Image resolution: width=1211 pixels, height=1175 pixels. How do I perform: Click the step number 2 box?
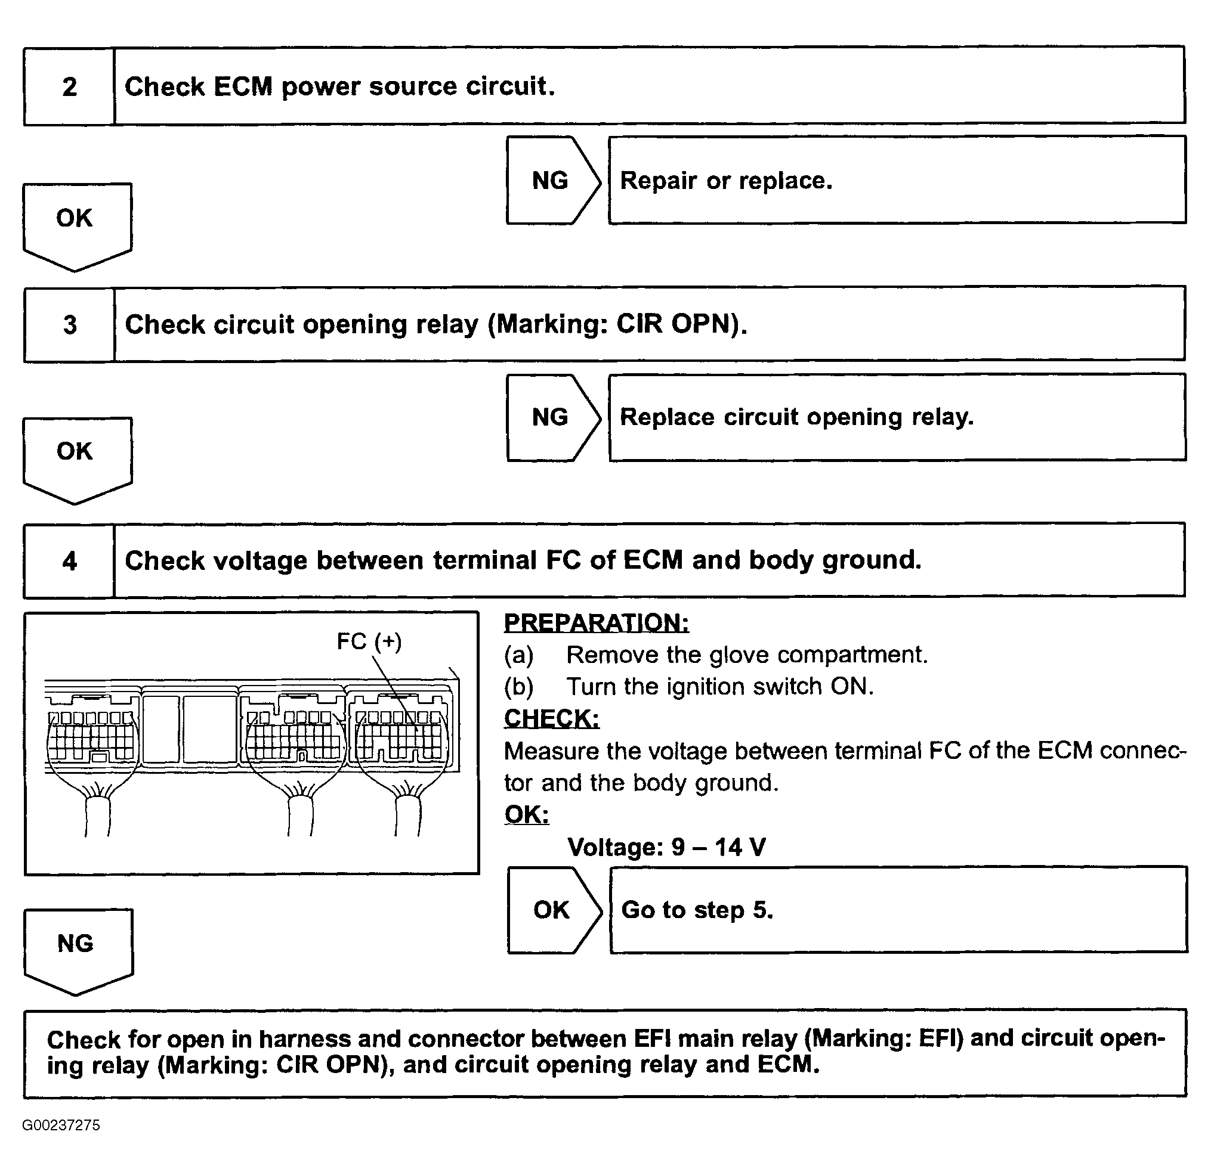(x=69, y=86)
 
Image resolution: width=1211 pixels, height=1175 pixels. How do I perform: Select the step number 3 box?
(x=69, y=325)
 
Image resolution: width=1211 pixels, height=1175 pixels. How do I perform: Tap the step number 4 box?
(x=69, y=561)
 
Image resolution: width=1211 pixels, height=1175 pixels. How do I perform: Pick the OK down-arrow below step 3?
(x=75, y=457)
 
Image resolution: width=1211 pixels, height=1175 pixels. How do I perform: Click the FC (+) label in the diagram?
(x=369, y=641)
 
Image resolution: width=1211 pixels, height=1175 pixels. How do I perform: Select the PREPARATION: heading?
(x=596, y=622)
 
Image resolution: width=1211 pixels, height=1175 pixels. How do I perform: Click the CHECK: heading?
(x=551, y=718)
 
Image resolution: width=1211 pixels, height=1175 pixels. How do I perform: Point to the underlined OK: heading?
(x=526, y=814)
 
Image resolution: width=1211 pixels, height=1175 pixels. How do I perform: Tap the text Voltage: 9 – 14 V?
(x=666, y=847)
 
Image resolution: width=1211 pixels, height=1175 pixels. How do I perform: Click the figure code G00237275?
(x=61, y=1125)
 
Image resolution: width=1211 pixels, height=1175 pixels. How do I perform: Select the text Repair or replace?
(x=726, y=181)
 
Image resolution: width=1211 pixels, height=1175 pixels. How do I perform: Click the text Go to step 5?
(x=697, y=910)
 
